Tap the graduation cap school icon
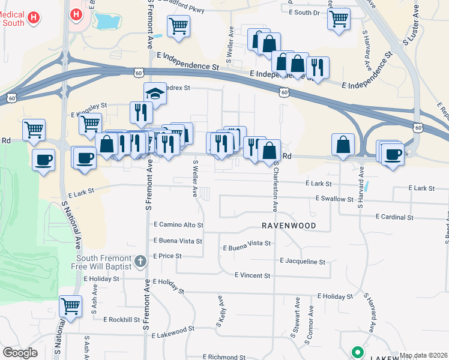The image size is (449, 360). [155, 94]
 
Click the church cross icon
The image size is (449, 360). [140, 260]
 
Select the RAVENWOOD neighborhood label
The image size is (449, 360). [288, 226]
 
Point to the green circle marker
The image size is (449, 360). [358, 352]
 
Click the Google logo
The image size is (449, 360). [20, 353]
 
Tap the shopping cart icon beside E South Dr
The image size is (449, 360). [339, 19]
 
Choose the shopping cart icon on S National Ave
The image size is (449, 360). [71, 306]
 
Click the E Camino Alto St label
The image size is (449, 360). [178, 225]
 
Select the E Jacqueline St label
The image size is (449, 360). [303, 262]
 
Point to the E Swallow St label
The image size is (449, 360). [334, 199]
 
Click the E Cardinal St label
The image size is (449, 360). [394, 217]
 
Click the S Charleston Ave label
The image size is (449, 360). [275, 186]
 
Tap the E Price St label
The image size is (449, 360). [167, 256]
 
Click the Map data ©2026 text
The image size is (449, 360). [423, 355]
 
